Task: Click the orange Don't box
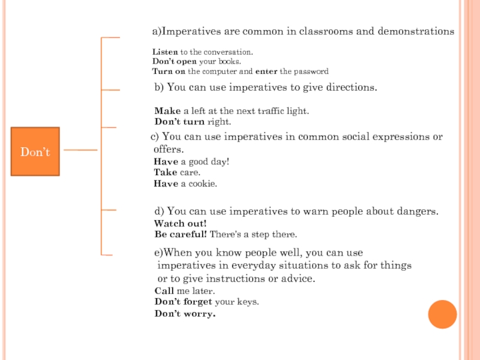point(35,152)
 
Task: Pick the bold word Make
point(167,111)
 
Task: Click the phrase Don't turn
point(179,122)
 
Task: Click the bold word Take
point(166,173)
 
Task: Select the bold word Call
point(164,291)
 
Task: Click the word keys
point(248,302)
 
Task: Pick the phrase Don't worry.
point(185,314)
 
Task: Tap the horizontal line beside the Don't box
point(80,149)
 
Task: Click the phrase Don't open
point(175,62)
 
